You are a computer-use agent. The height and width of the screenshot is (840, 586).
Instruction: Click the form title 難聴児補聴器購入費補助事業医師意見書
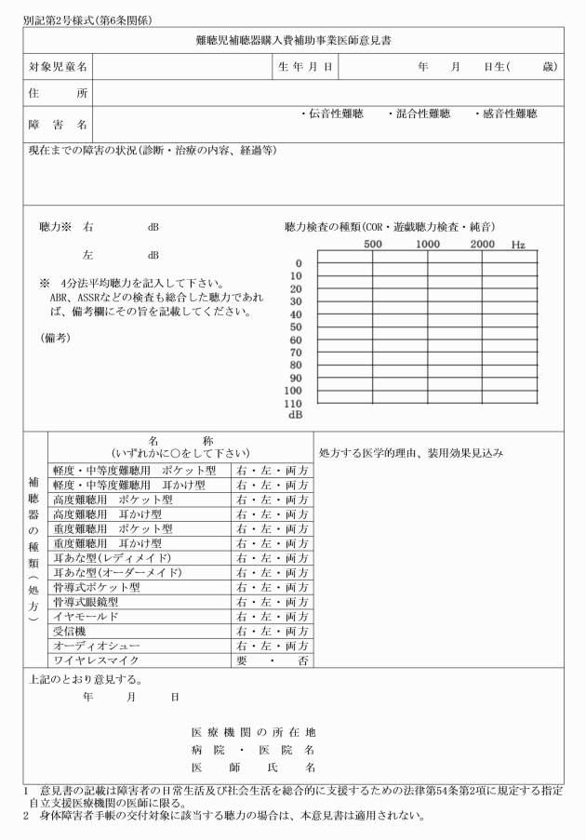[x=294, y=41]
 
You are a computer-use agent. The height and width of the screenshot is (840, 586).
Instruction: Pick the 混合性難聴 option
[x=420, y=114]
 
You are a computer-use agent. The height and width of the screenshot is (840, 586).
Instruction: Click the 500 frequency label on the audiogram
[x=373, y=244]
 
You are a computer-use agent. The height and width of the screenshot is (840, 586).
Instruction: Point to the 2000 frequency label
[x=482, y=244]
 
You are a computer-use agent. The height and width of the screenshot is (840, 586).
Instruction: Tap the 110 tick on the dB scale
[x=294, y=404]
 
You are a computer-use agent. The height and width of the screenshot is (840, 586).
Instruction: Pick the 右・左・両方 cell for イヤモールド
[x=273, y=617]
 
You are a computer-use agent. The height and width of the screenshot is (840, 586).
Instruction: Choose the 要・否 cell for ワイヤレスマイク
[x=273, y=660]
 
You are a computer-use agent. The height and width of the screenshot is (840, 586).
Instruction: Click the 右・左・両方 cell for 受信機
[x=273, y=632]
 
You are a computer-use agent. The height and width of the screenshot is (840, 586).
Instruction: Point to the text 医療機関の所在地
[x=253, y=732]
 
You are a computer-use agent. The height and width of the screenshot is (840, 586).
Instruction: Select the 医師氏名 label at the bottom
[x=253, y=767]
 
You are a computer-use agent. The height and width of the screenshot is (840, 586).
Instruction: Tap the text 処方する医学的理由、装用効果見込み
[x=411, y=453]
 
